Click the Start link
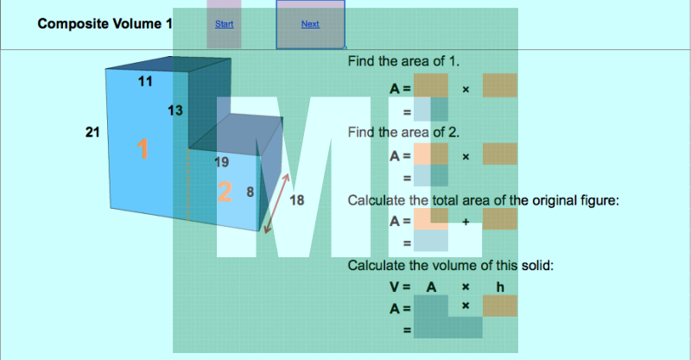[x=224, y=24]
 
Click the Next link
[x=310, y=24]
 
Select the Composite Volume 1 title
[x=105, y=24]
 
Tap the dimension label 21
[x=92, y=131]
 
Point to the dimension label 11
[x=145, y=81]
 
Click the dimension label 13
[x=174, y=111]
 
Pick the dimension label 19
[x=221, y=162]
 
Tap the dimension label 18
[x=297, y=200]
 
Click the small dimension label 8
[x=250, y=192]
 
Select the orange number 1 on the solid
[x=143, y=149]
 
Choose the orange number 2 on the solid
[x=224, y=193]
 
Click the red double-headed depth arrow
[x=277, y=201]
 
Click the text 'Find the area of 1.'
[x=403, y=62]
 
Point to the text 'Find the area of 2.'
[x=403, y=132]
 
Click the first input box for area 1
[x=431, y=86]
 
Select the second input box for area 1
[x=500, y=86]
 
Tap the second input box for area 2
[x=500, y=155]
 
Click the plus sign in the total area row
[x=466, y=221]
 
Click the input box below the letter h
[x=500, y=306]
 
